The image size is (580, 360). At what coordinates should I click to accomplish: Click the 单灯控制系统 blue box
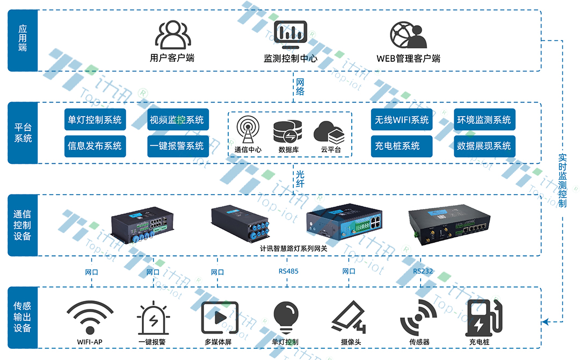pyautogui.click(x=95, y=120)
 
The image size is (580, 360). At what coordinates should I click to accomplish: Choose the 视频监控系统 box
pyautogui.click(x=177, y=120)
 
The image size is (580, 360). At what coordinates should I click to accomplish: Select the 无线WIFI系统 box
pyautogui.click(x=402, y=120)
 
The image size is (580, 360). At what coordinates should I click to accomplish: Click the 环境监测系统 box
pyautogui.click(x=484, y=120)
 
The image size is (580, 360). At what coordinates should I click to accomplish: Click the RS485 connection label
pyautogui.click(x=288, y=271)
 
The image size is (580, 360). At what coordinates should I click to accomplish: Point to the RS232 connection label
pyautogui.click(x=423, y=271)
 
